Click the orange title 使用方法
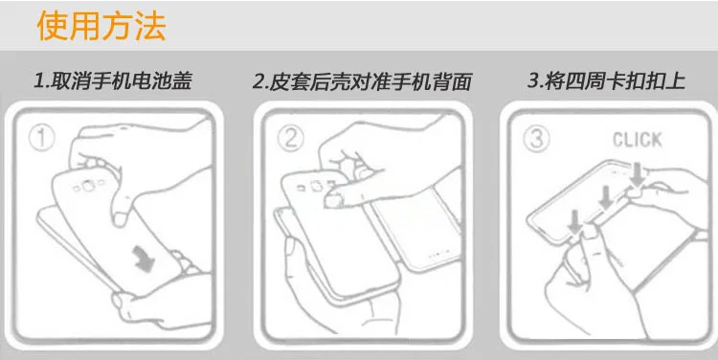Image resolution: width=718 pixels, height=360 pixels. pyautogui.click(x=101, y=26)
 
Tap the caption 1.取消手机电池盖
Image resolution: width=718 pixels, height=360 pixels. pyautogui.click(x=112, y=80)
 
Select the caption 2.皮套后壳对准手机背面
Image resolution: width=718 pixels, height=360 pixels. pyautogui.click(x=362, y=81)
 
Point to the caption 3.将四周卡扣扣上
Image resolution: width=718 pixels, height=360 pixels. pyautogui.click(x=606, y=80)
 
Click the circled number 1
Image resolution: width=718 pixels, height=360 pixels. pyautogui.click(x=41, y=138)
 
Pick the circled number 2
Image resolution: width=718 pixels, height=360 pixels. pyautogui.click(x=290, y=138)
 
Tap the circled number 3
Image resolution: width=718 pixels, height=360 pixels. pyautogui.click(x=536, y=138)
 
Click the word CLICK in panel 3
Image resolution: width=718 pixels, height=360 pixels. pyautogui.click(x=637, y=140)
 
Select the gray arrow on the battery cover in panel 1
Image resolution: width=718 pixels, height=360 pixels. pyautogui.click(x=144, y=259)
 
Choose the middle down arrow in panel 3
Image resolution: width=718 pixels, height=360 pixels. pyautogui.click(x=606, y=197)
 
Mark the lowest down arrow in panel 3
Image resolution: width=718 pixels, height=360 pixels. pyautogui.click(x=574, y=221)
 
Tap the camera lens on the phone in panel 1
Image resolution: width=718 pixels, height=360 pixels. pyautogui.click(x=85, y=187)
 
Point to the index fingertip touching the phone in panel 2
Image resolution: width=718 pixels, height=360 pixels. pyautogui.click(x=332, y=200)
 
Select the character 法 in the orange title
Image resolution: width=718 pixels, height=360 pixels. pyautogui.click(x=149, y=26)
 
